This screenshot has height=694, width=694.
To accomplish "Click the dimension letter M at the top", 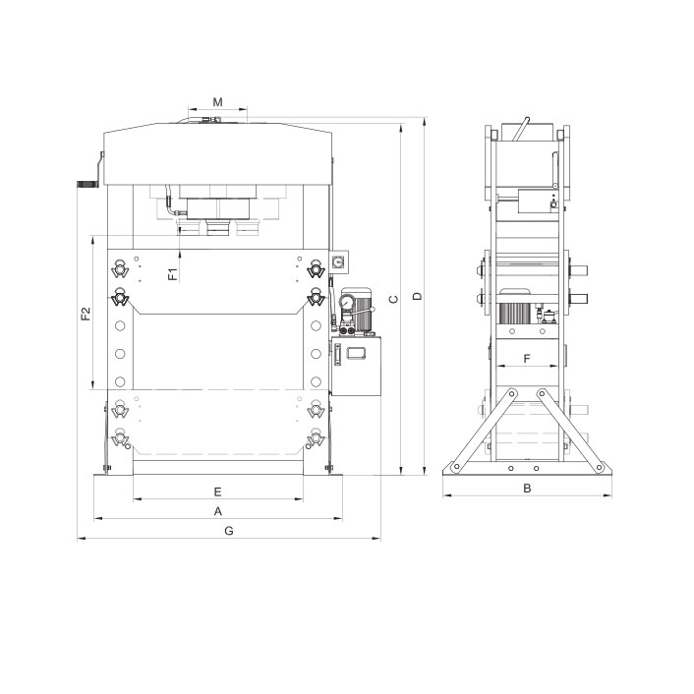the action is click(218, 102).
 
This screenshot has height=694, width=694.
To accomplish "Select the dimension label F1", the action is click(173, 274).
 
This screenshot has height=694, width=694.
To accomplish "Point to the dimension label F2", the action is click(86, 314).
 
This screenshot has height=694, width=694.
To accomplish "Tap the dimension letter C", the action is click(393, 299).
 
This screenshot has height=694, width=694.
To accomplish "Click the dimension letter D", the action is click(418, 296).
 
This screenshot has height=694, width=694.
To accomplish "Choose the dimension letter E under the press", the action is click(218, 492).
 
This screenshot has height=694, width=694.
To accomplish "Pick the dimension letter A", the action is click(218, 511).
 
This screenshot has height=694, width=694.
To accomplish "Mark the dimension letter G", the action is click(229, 531).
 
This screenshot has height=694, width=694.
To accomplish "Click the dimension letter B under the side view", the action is click(527, 489).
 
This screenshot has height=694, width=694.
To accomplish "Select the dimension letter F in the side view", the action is click(527, 359).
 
